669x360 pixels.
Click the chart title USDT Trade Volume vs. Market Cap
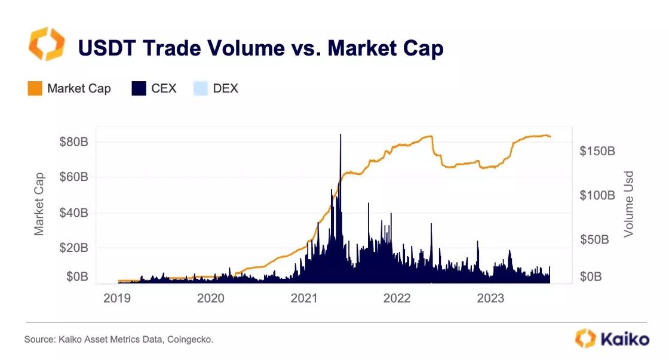click(261, 48)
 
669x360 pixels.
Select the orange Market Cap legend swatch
click(35, 89)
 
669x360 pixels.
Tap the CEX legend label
click(164, 89)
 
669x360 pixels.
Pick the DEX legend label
click(225, 89)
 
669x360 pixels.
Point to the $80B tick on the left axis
click(75, 142)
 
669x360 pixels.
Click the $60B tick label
click(75, 177)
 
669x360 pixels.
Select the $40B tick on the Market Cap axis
click(75, 213)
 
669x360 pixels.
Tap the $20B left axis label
click(75, 248)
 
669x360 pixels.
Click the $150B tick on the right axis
click(597, 152)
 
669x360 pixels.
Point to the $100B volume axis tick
click(597, 196)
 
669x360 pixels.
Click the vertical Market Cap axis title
click(39, 204)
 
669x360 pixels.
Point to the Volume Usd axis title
click(628, 204)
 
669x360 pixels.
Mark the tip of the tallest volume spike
click(340, 134)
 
